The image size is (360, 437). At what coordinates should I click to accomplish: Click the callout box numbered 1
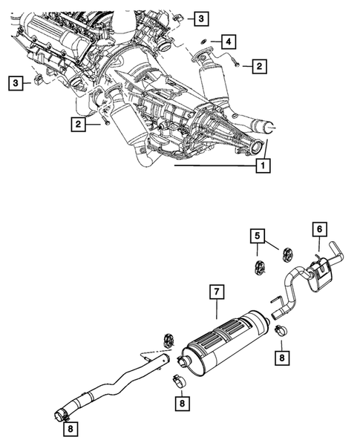click(x=261, y=167)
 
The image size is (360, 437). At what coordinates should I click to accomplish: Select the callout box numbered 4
click(x=229, y=40)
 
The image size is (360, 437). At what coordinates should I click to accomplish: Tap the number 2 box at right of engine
click(x=258, y=68)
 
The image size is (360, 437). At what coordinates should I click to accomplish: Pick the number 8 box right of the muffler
click(x=282, y=357)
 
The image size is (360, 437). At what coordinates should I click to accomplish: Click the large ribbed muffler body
click(x=223, y=346)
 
